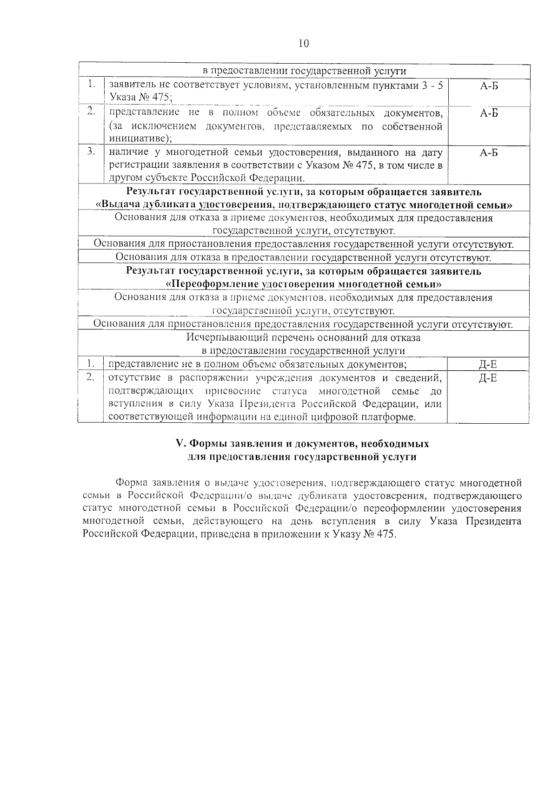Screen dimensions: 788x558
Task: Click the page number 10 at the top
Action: point(302,44)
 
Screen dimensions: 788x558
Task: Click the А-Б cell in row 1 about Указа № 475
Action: point(489,86)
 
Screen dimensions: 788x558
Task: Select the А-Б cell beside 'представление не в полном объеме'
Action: point(489,113)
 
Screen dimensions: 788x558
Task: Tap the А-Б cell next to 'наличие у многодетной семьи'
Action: point(489,153)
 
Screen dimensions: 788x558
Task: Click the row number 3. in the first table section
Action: point(91,151)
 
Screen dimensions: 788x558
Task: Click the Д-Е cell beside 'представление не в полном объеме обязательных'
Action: point(488,364)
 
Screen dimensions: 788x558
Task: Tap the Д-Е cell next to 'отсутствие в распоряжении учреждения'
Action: point(488,378)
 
